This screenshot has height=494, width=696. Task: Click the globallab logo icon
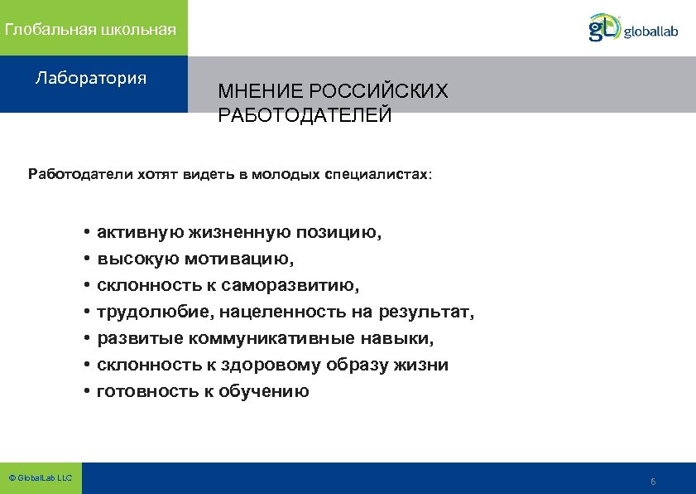pos(604,27)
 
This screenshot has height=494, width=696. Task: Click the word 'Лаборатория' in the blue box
pos(91,79)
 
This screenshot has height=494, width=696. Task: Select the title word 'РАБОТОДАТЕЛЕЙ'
pos(305,116)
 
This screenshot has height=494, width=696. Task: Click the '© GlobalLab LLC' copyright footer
pos(41,478)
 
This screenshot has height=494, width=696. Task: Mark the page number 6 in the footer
pos(653,482)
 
